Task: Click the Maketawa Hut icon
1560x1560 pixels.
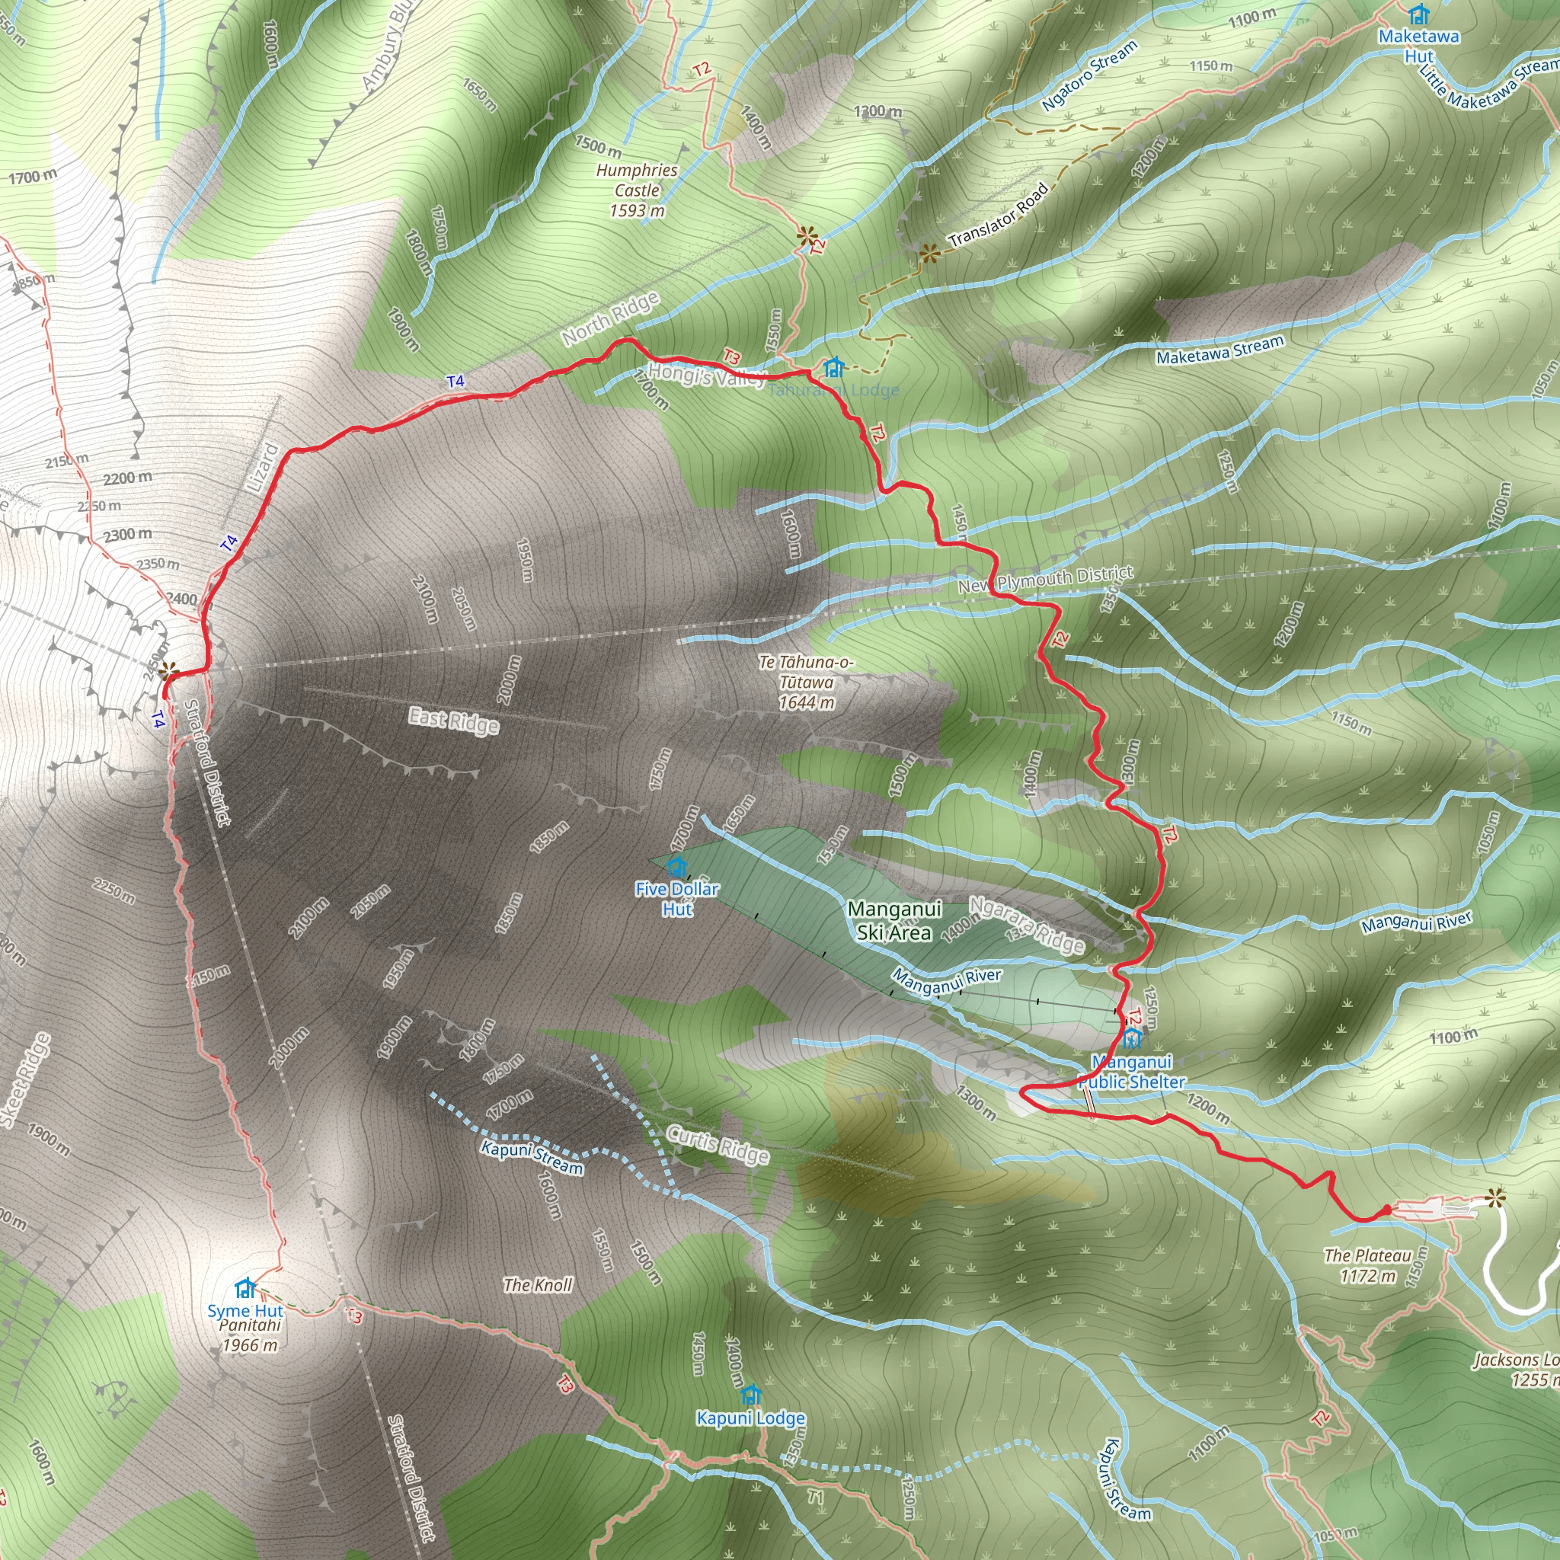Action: tap(1418, 14)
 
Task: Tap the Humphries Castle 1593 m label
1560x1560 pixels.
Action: tap(637, 190)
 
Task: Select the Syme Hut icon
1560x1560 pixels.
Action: tap(245, 1287)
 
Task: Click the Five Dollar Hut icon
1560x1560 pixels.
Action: tap(676, 867)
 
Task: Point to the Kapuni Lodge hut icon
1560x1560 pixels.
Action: tap(751, 1395)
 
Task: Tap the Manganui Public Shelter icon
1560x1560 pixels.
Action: tap(1131, 1038)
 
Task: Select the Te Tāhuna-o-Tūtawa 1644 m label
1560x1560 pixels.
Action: tap(806, 682)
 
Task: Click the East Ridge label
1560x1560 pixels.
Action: tap(454, 721)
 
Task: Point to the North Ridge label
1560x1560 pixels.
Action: tap(610, 319)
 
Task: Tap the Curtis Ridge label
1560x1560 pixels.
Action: tap(718, 1145)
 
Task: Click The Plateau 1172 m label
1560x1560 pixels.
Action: tap(1368, 1266)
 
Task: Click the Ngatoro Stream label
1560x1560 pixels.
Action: tap(1089, 75)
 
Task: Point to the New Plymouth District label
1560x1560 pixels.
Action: tap(1046, 579)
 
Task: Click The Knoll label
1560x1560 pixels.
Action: tap(538, 1285)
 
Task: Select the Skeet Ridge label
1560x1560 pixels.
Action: tap(26, 1079)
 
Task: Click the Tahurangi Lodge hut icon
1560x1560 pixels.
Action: tap(833, 368)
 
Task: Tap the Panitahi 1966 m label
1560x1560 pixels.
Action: tap(251, 1335)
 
